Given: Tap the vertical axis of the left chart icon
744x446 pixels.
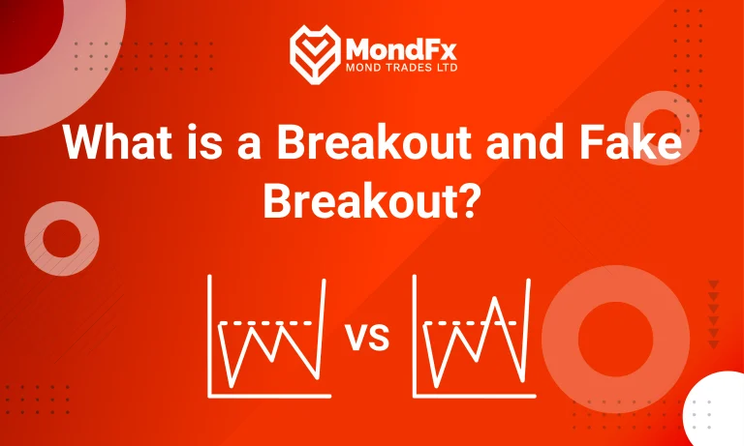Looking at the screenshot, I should coord(210,335).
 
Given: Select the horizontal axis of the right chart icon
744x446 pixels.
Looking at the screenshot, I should coord(473,396).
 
